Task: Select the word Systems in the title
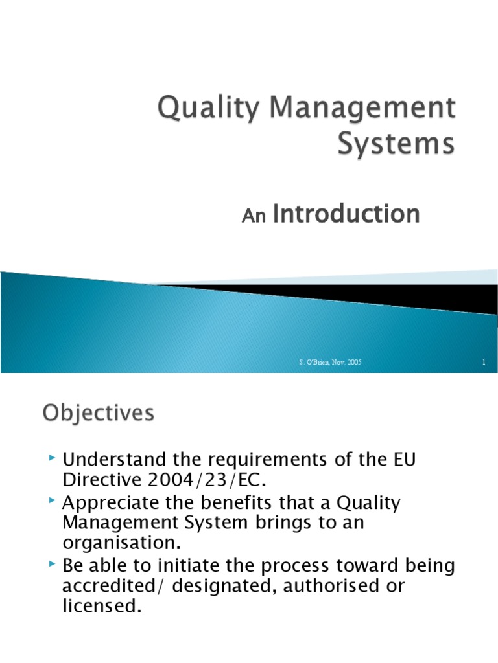pos(396,144)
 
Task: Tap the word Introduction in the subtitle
pos(346,214)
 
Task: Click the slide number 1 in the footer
pos(484,363)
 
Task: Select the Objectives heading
pos(99,413)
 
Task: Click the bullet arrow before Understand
pos(53,459)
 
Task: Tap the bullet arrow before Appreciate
pos(53,502)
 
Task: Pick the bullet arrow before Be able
pos(53,565)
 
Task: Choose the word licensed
pos(101,608)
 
